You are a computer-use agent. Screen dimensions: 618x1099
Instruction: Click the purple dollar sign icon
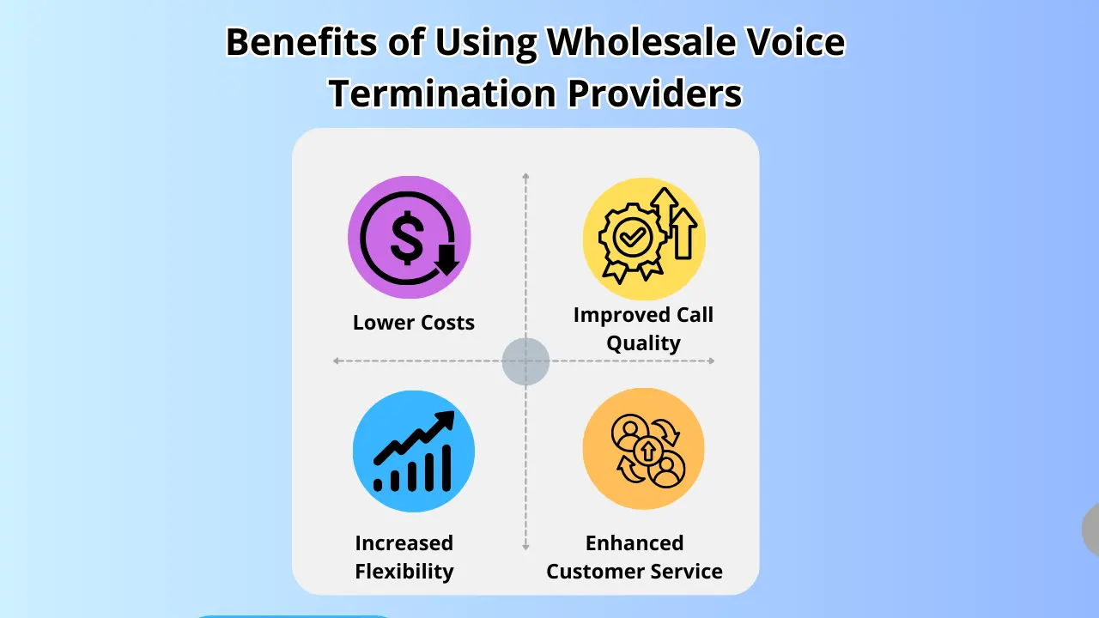[410, 238]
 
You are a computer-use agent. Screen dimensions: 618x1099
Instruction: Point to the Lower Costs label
[414, 323]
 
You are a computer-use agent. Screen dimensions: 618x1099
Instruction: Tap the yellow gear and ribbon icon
[644, 239]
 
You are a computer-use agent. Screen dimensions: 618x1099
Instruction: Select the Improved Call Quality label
[643, 329]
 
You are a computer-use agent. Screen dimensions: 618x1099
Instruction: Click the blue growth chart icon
[414, 451]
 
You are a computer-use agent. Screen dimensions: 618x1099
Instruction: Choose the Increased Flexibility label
[404, 557]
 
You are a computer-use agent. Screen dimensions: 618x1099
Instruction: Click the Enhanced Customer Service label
[635, 557]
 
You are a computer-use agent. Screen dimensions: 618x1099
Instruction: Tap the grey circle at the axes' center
[525, 361]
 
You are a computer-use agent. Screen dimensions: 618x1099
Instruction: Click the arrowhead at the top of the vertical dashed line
[525, 177]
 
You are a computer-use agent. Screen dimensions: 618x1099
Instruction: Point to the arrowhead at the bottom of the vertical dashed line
[525, 546]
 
